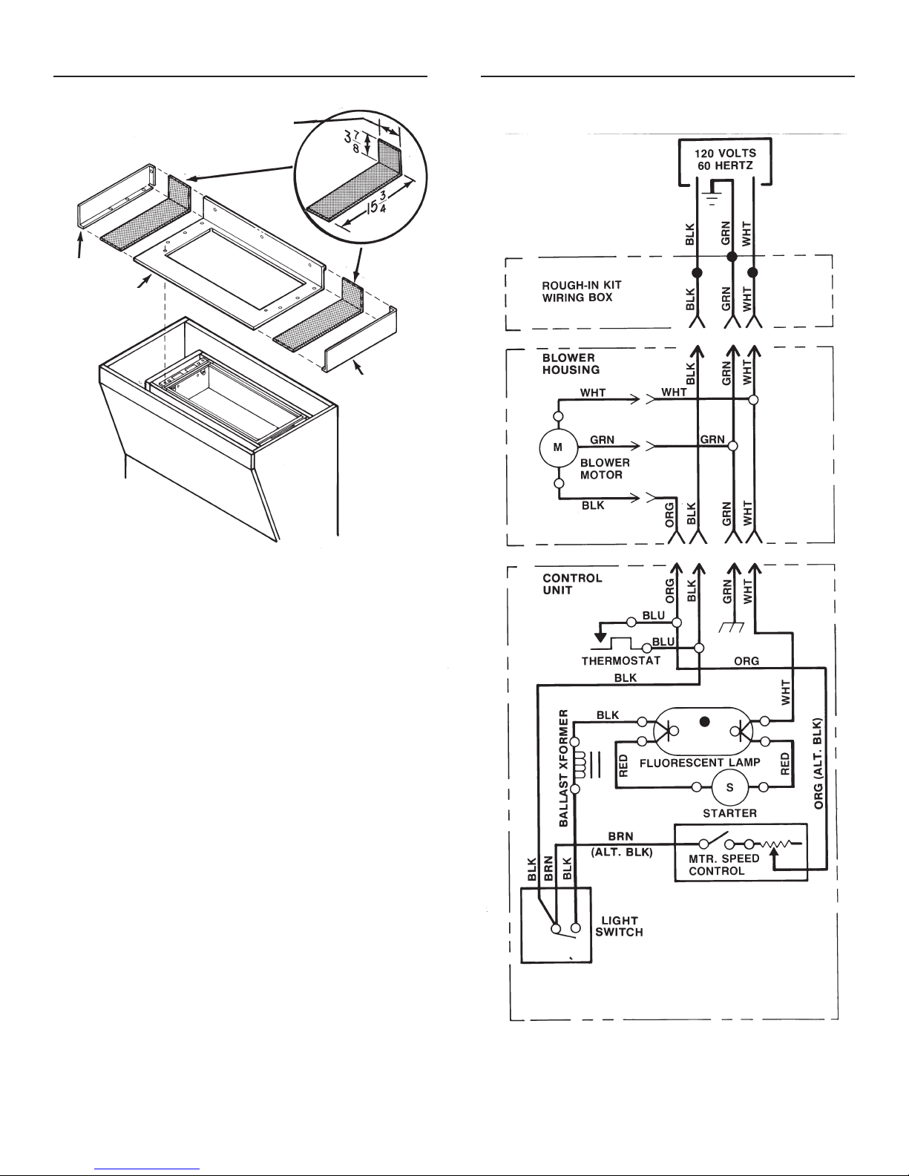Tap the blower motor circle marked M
point(558,447)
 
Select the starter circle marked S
point(729,787)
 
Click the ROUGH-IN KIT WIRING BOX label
point(582,291)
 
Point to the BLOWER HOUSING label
point(571,364)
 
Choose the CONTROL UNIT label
point(572,584)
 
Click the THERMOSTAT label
point(621,661)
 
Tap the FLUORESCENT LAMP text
point(700,763)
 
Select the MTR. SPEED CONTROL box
point(741,853)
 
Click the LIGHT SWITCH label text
point(619,926)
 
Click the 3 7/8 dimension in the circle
point(352,141)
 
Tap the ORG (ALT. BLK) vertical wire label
point(818,763)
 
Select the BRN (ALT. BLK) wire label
point(622,844)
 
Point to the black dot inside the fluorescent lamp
point(704,721)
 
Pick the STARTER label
point(729,813)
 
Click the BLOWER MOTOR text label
point(605,469)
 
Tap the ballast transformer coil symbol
point(580,765)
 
